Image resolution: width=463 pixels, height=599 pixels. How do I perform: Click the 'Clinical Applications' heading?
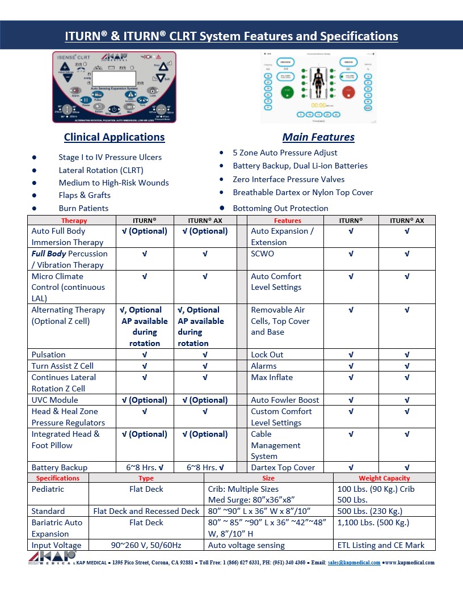[x=114, y=137]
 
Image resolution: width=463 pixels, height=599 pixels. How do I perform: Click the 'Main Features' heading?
[x=318, y=137]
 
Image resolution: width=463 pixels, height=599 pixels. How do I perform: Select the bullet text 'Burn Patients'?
[x=83, y=208]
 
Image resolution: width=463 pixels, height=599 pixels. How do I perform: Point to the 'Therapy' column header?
[x=74, y=221]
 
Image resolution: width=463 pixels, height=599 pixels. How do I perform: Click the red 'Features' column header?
[x=287, y=221]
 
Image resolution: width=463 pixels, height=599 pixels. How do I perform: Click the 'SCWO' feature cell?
[x=262, y=254]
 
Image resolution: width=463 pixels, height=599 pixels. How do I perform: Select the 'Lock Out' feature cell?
[x=267, y=355]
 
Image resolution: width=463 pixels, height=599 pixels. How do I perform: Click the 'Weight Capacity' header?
[x=384, y=478]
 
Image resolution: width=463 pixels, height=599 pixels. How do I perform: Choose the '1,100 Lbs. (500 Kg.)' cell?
[x=373, y=522]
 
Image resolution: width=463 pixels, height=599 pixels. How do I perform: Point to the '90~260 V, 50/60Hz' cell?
[x=146, y=545]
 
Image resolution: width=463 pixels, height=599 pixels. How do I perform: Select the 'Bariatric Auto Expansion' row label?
[x=57, y=528]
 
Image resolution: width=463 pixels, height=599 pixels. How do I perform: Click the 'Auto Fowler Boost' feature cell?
[x=285, y=400]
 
